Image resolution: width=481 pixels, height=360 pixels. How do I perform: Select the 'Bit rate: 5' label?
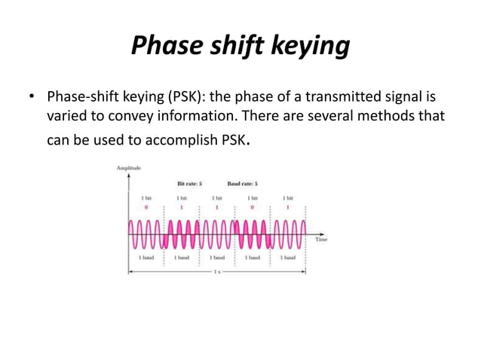[189, 183]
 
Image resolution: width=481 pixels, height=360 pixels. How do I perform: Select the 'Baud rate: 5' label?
[242, 183]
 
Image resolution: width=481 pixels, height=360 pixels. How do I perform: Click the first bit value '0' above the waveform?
[146, 206]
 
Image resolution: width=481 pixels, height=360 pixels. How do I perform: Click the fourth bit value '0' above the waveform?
[253, 206]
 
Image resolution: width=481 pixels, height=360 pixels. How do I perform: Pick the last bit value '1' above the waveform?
[288, 206]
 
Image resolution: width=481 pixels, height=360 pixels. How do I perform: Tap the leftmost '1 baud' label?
[146, 257]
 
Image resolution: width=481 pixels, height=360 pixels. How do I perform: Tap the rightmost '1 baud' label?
[288, 257]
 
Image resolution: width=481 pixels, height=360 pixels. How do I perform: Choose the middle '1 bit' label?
[217, 197]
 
